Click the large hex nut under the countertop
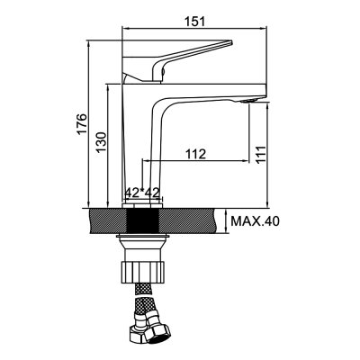click(x=143, y=270)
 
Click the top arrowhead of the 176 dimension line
click(x=94, y=41)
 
